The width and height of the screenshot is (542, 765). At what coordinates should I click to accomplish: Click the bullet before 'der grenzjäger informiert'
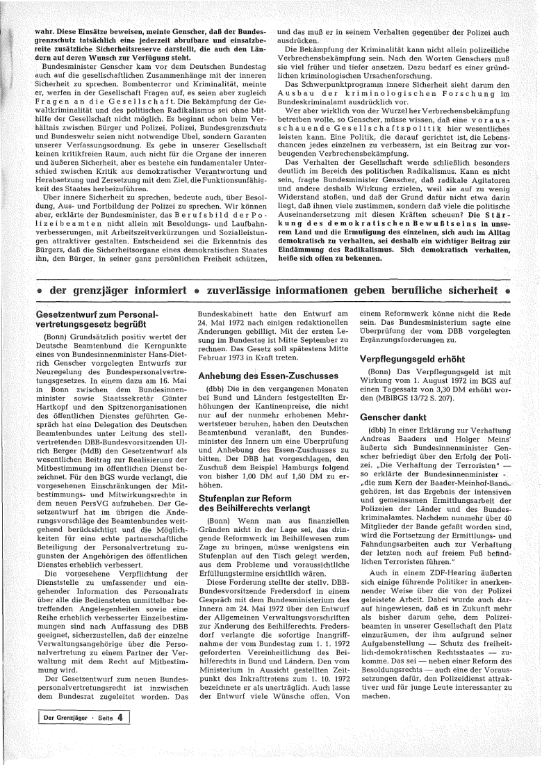pyautogui.click(x=41, y=289)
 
